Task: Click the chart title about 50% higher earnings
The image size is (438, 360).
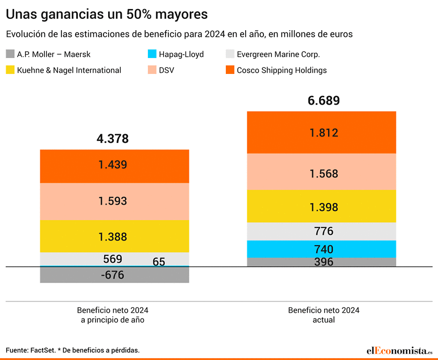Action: pyautogui.click(x=106, y=13)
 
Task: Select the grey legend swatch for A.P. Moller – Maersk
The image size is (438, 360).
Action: pyautogui.click(x=10, y=55)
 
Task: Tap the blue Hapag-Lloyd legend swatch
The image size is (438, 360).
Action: pyautogui.click(x=152, y=55)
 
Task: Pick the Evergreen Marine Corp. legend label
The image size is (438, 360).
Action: pyautogui.click(x=278, y=55)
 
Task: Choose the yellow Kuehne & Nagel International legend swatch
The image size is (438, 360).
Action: pyautogui.click(x=10, y=70)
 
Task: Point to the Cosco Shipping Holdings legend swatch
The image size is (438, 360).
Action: pyautogui.click(x=230, y=70)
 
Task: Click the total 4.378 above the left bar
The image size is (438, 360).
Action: pyautogui.click(x=113, y=139)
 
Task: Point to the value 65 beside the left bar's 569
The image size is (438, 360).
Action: pyautogui.click(x=159, y=262)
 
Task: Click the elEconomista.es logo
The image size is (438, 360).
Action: pyautogui.click(x=398, y=350)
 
